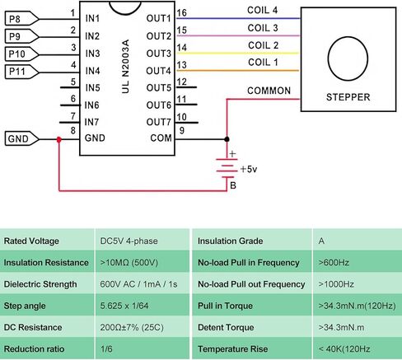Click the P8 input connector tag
point(21,19)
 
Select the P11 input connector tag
point(21,72)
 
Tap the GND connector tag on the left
point(21,138)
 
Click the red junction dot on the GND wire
point(58,139)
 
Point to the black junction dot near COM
point(227,139)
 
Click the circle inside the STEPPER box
point(348,58)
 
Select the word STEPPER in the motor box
point(348,97)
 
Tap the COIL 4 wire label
point(262,10)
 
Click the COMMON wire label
point(269,91)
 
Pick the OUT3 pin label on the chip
point(159,54)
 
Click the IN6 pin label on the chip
point(91,105)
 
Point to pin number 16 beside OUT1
point(181,12)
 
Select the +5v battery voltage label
point(249,169)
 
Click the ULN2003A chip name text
point(125,66)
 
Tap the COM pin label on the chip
point(161,138)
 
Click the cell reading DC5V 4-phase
point(129,241)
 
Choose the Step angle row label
point(25,306)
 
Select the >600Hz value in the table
point(334,263)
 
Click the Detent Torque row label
point(226,327)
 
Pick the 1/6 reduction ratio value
point(106,349)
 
